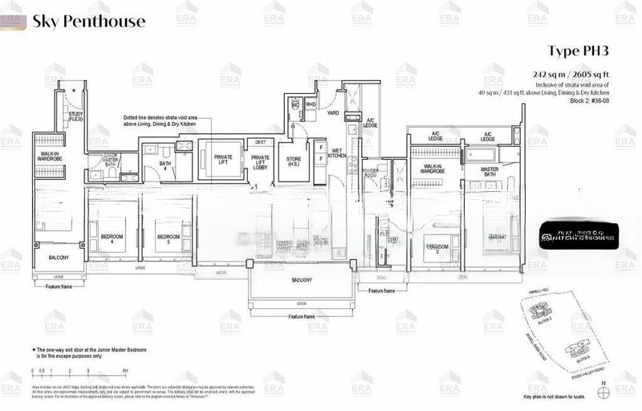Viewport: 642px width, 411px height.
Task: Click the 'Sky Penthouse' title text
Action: pos(88,21)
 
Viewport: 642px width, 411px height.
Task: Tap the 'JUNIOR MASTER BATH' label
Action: pos(100,160)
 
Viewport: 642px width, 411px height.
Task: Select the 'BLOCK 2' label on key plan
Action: pos(567,319)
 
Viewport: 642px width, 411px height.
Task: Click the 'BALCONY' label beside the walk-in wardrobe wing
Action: pos(58,258)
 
